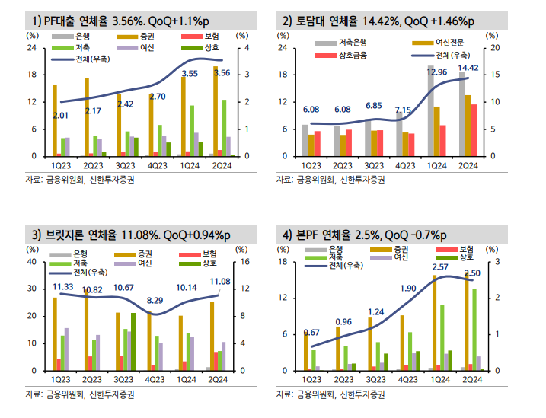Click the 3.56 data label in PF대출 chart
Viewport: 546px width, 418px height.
click(x=222, y=73)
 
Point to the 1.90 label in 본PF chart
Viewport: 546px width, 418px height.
click(x=407, y=289)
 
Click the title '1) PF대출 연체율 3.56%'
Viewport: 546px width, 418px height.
click(x=99, y=19)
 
